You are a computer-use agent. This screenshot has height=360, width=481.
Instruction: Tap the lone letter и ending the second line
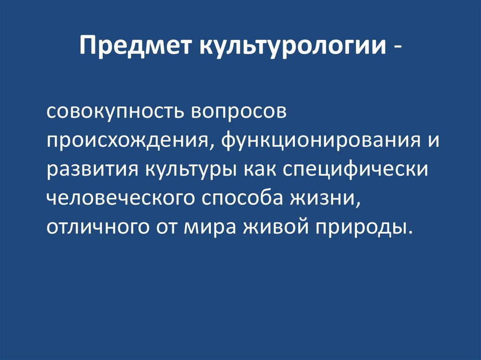433,141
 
